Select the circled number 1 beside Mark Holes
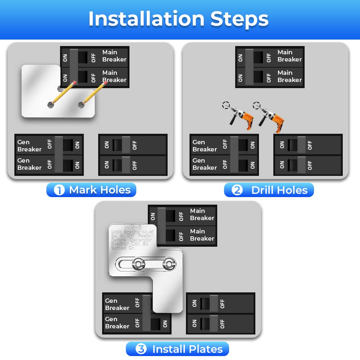coord(59,190)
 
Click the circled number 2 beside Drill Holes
coord(237,190)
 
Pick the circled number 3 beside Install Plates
coord(141,349)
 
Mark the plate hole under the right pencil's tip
coord(81,105)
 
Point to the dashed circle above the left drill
coord(225,105)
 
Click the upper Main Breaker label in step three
coord(202,214)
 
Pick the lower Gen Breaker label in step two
coord(205,164)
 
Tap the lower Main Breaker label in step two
coord(289,76)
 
